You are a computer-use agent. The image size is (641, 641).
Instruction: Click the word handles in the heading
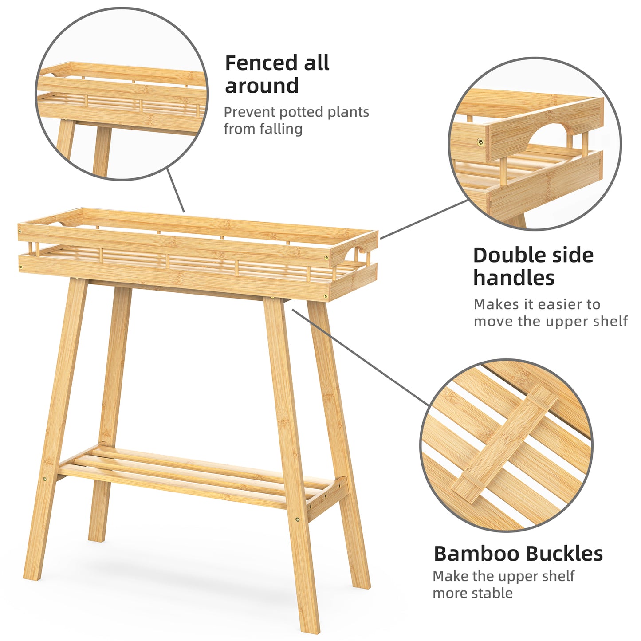[514, 279]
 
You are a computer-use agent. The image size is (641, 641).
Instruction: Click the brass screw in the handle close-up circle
[480, 142]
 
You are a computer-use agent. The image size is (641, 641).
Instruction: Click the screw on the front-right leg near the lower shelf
[297, 519]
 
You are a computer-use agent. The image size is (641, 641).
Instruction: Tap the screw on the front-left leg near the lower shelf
[44, 479]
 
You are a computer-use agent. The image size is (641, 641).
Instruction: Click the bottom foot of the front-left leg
[31, 576]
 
